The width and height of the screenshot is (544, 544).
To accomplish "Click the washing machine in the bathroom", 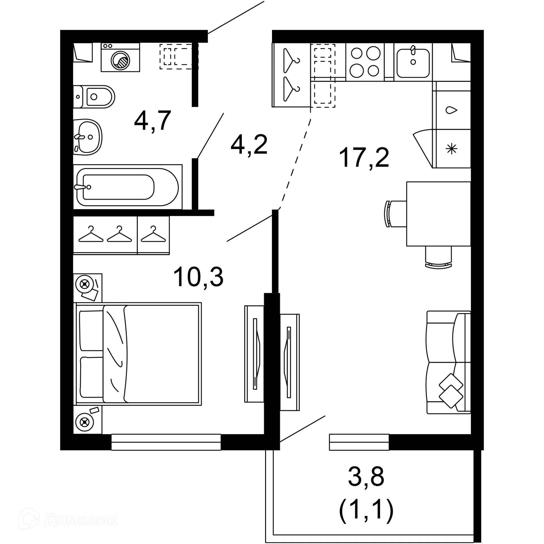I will click(x=120, y=58).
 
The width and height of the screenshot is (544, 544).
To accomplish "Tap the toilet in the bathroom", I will click(x=96, y=97).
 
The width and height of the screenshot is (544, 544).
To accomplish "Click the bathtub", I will click(x=127, y=187).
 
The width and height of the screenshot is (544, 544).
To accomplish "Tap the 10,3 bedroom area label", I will click(x=198, y=277).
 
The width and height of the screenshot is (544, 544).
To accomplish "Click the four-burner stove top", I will click(x=365, y=62).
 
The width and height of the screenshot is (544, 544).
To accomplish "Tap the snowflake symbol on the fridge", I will click(x=451, y=149).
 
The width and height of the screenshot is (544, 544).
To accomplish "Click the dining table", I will click(x=438, y=214).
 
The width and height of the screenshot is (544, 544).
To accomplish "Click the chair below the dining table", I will click(x=438, y=257).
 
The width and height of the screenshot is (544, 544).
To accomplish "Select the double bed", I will click(x=138, y=354).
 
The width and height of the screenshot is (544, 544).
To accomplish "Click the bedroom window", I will click(x=166, y=442).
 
